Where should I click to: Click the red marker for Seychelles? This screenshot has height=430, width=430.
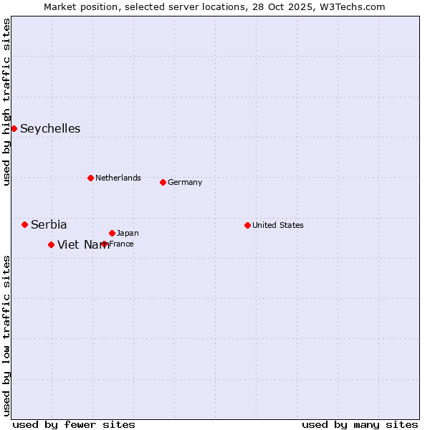tap(14, 128)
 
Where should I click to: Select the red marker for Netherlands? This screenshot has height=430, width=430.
tap(90, 178)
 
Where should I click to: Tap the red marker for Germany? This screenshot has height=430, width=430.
tap(163, 182)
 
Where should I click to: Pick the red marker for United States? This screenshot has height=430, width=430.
tap(247, 225)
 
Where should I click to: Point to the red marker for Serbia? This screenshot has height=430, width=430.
tap(24, 224)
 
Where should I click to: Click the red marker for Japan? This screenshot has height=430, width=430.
tap(112, 233)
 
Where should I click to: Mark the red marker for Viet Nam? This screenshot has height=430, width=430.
tap(51, 244)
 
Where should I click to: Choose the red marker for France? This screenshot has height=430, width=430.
tap(105, 244)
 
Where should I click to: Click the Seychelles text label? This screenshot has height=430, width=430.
tap(50, 129)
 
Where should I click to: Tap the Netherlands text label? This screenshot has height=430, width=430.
tap(118, 178)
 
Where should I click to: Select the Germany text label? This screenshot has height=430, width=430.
tap(185, 182)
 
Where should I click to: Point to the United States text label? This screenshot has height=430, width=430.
tap(278, 225)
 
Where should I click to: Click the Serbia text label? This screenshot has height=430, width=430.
tap(49, 225)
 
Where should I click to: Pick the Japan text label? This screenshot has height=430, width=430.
tap(128, 233)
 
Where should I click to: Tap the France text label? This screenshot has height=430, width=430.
tap(122, 244)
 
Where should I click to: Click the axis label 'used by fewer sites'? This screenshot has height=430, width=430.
tap(74, 424)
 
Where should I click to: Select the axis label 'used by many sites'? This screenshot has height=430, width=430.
tap(360, 424)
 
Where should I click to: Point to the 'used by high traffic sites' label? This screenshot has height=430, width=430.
tap(6, 102)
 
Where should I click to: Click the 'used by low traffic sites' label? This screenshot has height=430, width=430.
tap(6, 335)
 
